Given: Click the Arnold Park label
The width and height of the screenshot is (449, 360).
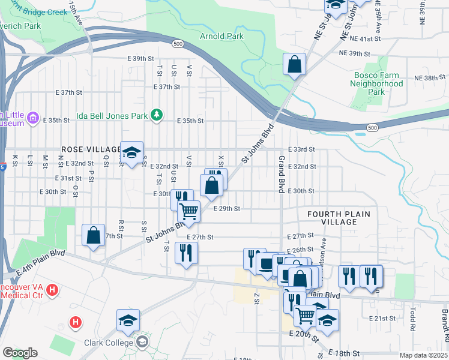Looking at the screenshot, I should pos(221,36).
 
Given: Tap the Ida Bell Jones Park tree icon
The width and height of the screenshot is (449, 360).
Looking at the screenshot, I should pos(157,114).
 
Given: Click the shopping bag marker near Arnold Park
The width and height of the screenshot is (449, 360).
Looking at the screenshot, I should pos(295,66).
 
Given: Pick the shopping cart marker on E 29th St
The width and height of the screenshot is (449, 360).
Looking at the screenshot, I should pos(189,213).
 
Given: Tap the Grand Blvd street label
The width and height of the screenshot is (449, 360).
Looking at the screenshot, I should pos(281,175).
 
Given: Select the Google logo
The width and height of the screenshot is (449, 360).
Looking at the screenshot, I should pos(20,353).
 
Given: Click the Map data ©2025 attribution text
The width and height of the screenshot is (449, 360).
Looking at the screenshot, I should pos(423,355).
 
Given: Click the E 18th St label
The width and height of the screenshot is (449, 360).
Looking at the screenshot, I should pos(346,354).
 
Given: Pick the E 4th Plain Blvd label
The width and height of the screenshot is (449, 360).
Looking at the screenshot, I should pos(40,263).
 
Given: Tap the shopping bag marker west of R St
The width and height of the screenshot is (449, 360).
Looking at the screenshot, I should pos(94,236).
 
